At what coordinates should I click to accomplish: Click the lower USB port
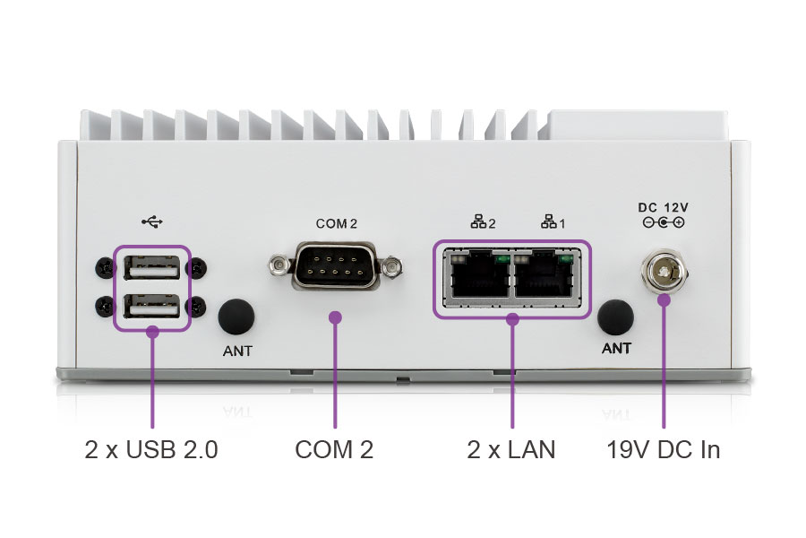coord(151,307)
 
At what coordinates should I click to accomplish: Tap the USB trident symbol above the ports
coord(151,221)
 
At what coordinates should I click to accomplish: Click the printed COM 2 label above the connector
coord(336,222)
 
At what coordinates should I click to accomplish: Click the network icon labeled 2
coord(483,221)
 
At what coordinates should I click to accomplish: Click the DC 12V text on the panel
coord(663,207)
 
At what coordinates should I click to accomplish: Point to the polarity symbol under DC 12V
coord(664,222)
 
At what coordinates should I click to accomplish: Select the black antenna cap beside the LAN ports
coord(615,317)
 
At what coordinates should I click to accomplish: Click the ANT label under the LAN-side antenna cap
coord(616,349)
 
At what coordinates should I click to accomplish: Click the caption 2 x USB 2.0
coord(151,450)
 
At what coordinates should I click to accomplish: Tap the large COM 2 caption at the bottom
coord(334,450)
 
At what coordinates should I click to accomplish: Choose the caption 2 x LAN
coord(511,450)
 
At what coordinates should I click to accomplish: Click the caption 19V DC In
coord(663,450)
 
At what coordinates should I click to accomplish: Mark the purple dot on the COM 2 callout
coord(336,317)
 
